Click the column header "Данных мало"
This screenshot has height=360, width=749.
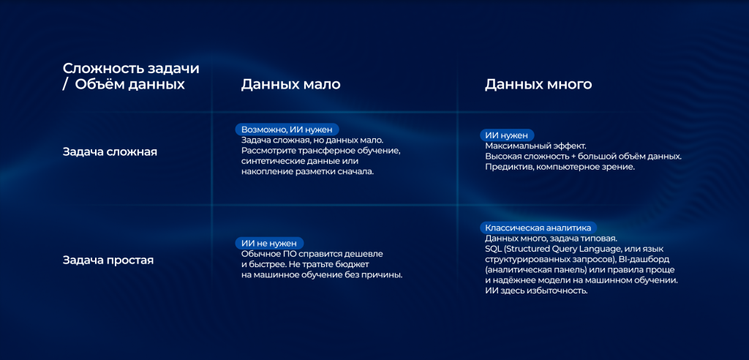pyautogui.click(x=290, y=85)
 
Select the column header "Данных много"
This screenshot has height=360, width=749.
pyautogui.click(x=538, y=85)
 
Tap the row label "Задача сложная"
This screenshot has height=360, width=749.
pyautogui.click(x=110, y=152)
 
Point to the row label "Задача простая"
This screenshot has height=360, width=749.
pyautogui.click(x=108, y=260)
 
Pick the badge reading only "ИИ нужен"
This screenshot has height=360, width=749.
pyautogui.click(x=507, y=135)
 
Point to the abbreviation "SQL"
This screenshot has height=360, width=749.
pyautogui.click(x=494, y=249)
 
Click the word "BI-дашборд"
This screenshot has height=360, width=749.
pyautogui.click(x=645, y=259)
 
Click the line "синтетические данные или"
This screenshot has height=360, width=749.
pyautogui.click(x=300, y=161)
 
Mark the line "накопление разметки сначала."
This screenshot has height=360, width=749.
pyautogui.click(x=307, y=171)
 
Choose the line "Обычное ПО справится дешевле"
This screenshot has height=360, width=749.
pyautogui.click(x=312, y=254)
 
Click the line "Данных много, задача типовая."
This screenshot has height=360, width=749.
pyautogui.click(x=552, y=239)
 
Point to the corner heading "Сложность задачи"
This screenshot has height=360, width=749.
pyautogui.click(x=131, y=68)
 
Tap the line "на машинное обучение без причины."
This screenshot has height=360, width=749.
pyautogui.click(x=322, y=274)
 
